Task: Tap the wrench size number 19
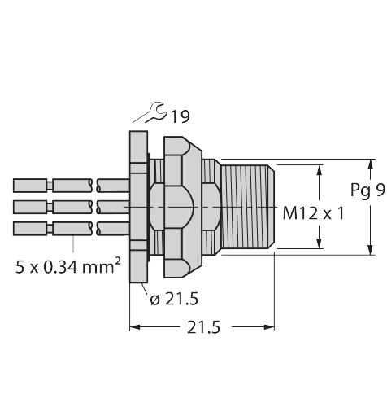tap(180, 116)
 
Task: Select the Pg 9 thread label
tap(367, 191)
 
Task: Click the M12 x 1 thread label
tap(313, 213)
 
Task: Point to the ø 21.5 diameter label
tap(174, 299)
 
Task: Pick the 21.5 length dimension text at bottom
tap(204, 327)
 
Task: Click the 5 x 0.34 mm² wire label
tap(68, 265)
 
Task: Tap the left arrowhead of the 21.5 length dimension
tap(135, 327)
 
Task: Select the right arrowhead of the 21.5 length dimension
tap(269, 327)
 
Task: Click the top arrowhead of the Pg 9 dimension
tap(371, 164)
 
